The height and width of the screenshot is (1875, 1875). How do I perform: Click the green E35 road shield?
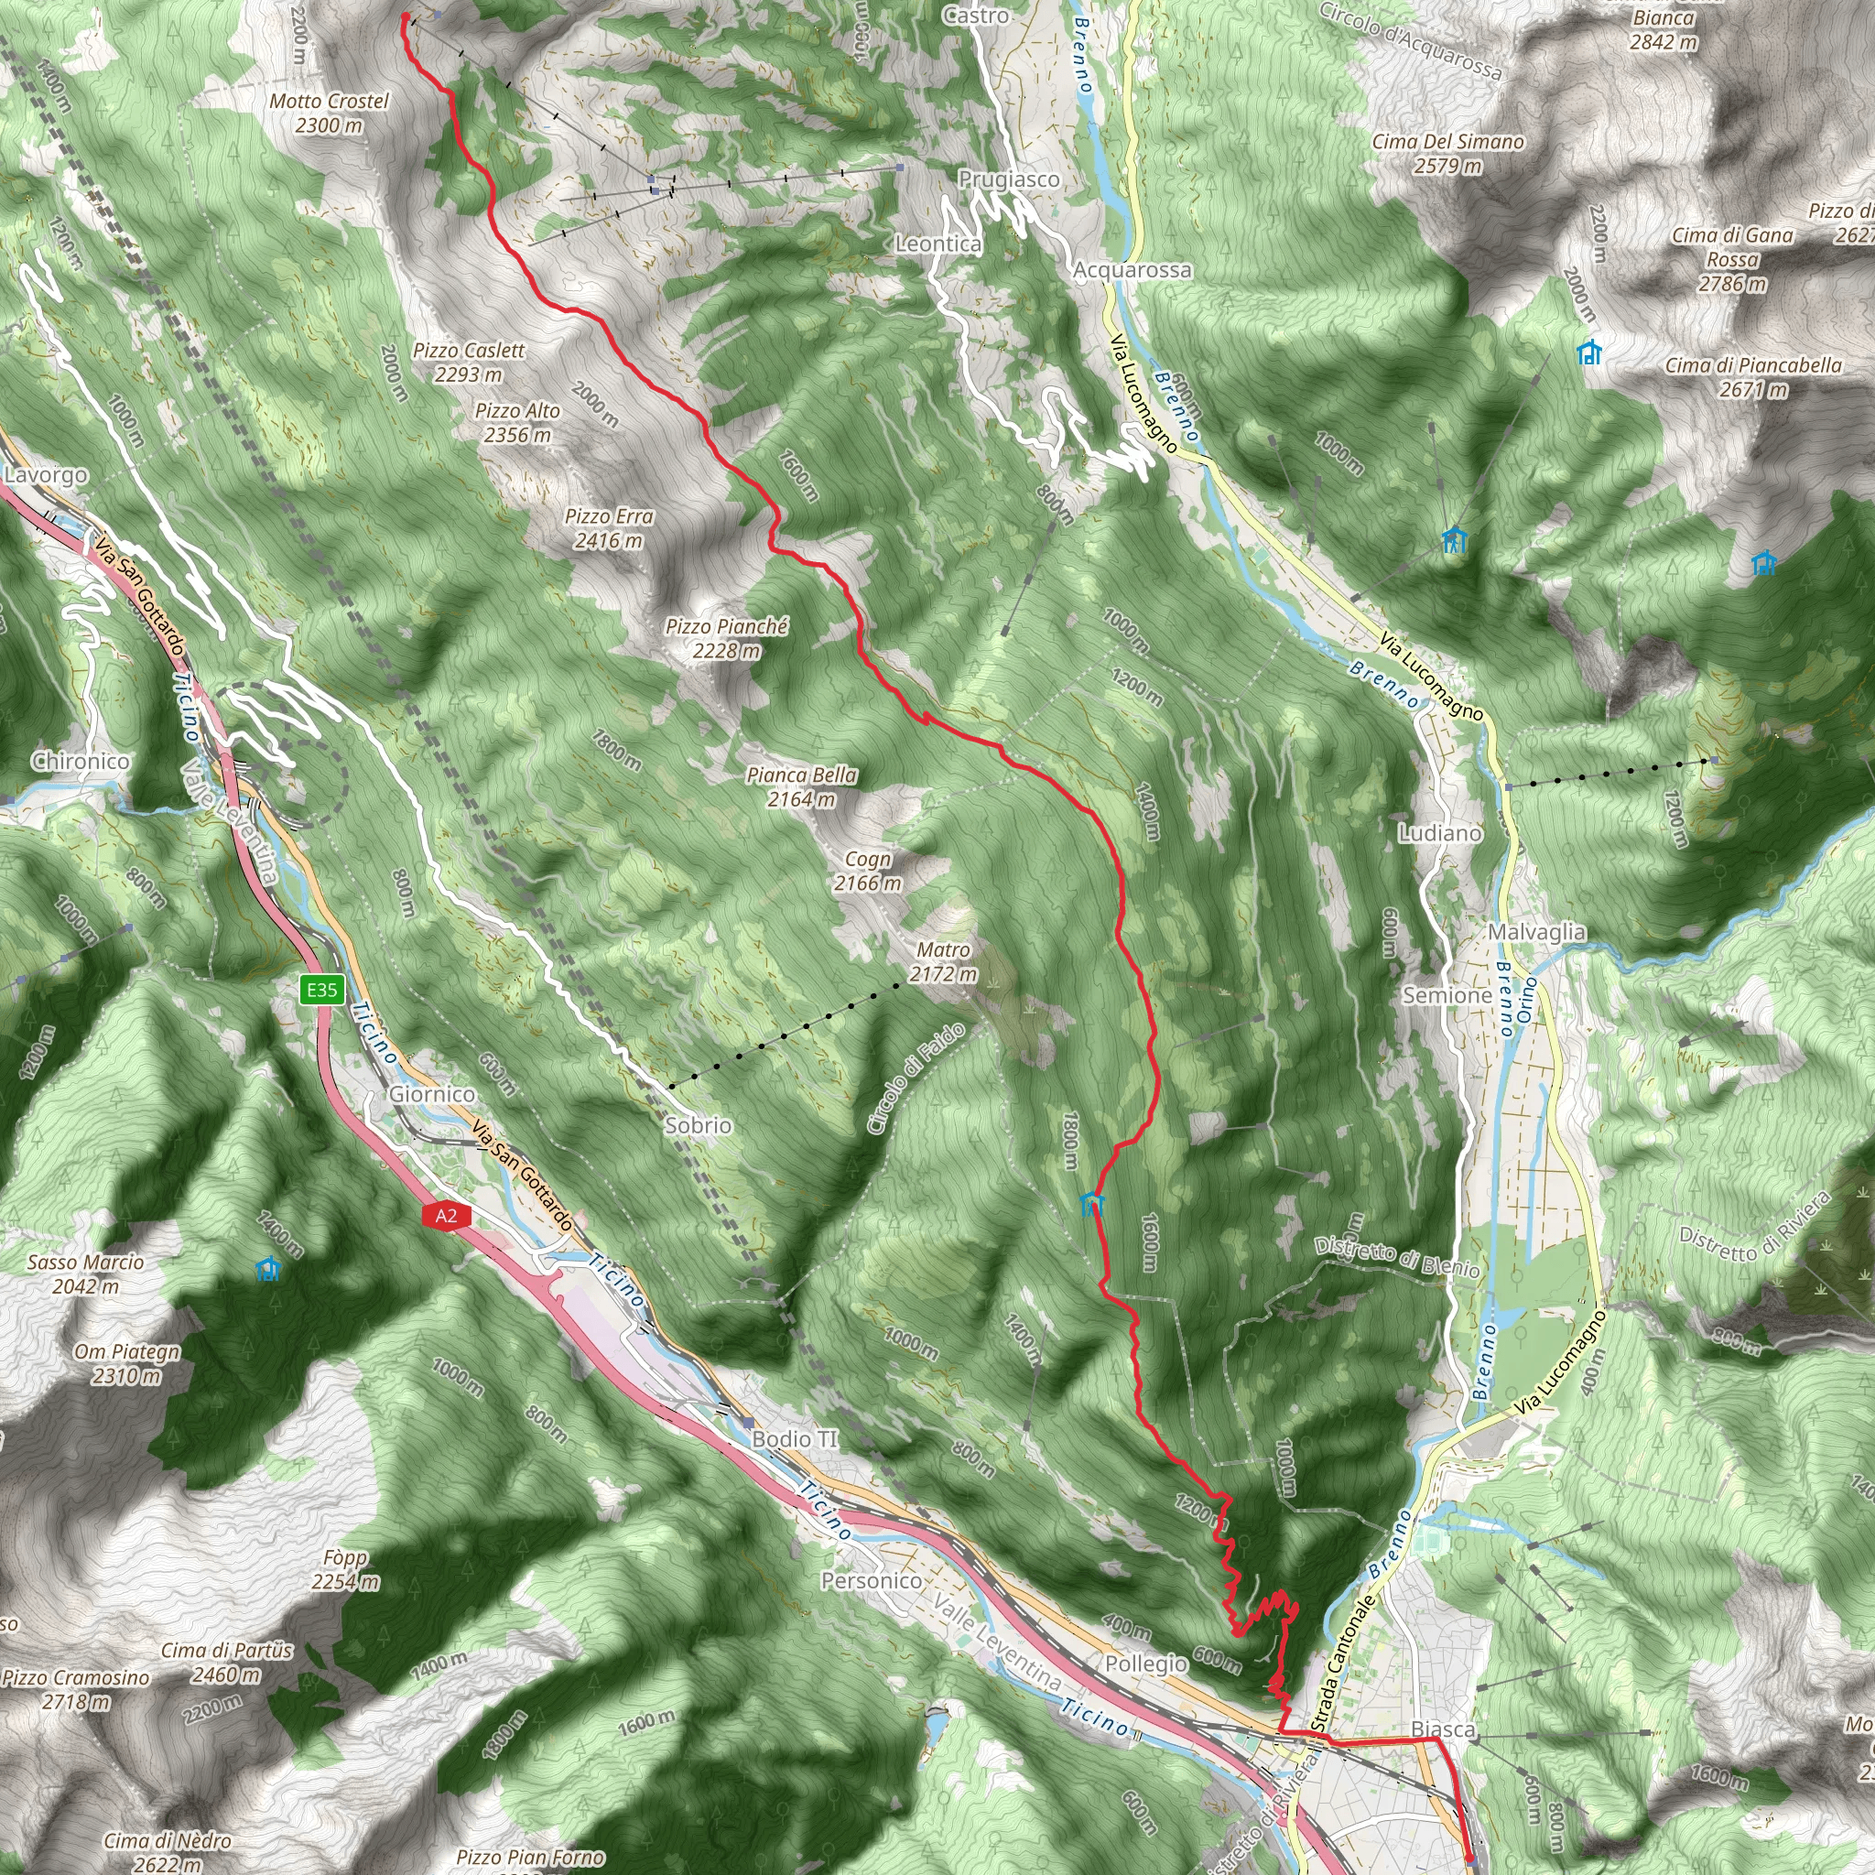(x=322, y=990)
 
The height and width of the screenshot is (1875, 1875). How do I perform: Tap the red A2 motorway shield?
(x=446, y=1216)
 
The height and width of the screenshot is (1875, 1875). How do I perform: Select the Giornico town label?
(x=432, y=1095)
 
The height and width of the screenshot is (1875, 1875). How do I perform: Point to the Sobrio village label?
(x=699, y=1126)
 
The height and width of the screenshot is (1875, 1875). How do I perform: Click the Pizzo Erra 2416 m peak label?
(x=610, y=529)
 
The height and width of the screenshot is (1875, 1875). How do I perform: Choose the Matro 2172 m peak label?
(x=943, y=962)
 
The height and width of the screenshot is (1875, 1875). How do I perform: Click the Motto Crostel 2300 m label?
(x=329, y=113)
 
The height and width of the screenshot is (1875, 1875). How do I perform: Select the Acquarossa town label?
(x=1133, y=270)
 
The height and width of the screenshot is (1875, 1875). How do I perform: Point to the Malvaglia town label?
(x=1537, y=933)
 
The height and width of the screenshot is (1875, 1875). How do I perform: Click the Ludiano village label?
(x=1440, y=833)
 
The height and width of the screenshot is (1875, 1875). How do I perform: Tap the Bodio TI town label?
(x=795, y=1438)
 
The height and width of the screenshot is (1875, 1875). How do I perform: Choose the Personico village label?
(x=872, y=1581)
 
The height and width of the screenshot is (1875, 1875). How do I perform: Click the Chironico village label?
(x=81, y=761)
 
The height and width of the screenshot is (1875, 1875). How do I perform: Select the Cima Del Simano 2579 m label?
(x=1448, y=153)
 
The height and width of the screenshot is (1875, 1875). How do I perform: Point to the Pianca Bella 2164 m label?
(x=803, y=787)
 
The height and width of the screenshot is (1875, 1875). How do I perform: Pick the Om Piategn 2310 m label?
(x=127, y=1363)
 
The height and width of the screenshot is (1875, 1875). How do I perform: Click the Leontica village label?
(x=938, y=244)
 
